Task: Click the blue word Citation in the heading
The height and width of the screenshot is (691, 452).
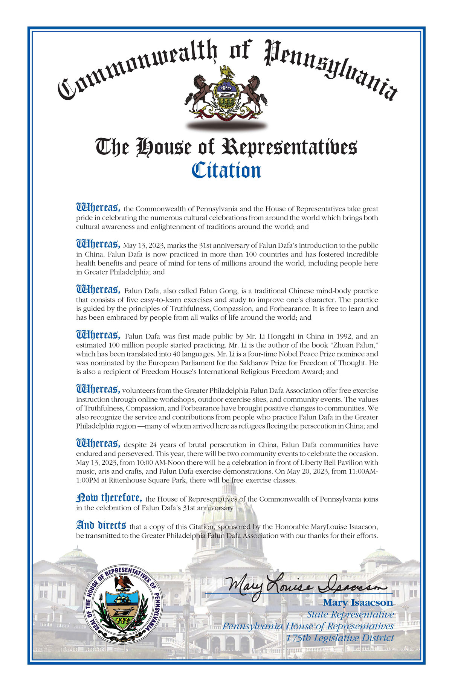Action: pyautogui.click(x=226, y=170)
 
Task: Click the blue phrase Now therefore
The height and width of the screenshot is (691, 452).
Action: pyautogui.click(x=109, y=498)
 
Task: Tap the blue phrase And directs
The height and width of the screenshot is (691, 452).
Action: pyautogui.click(x=101, y=525)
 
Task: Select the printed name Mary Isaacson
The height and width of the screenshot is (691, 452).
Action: pyautogui.click(x=357, y=603)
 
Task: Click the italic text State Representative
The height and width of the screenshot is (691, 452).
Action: pyautogui.click(x=350, y=615)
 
